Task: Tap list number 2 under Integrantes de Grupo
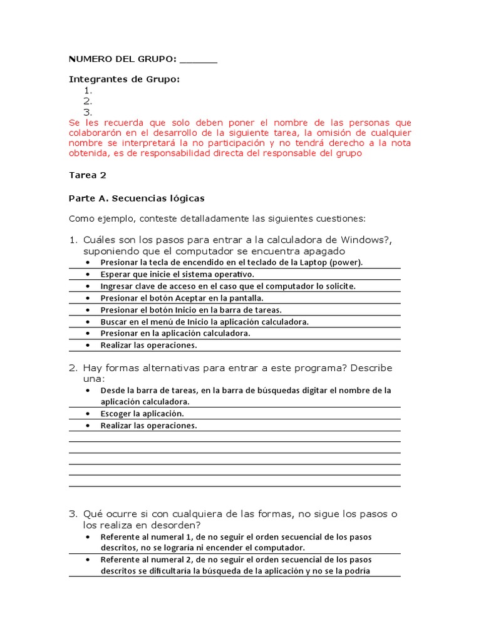tap(88, 101)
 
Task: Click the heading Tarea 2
tap(83, 175)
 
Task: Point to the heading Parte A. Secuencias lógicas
tap(136, 198)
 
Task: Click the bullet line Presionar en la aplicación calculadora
tap(175, 333)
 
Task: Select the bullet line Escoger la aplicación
tap(142, 414)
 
